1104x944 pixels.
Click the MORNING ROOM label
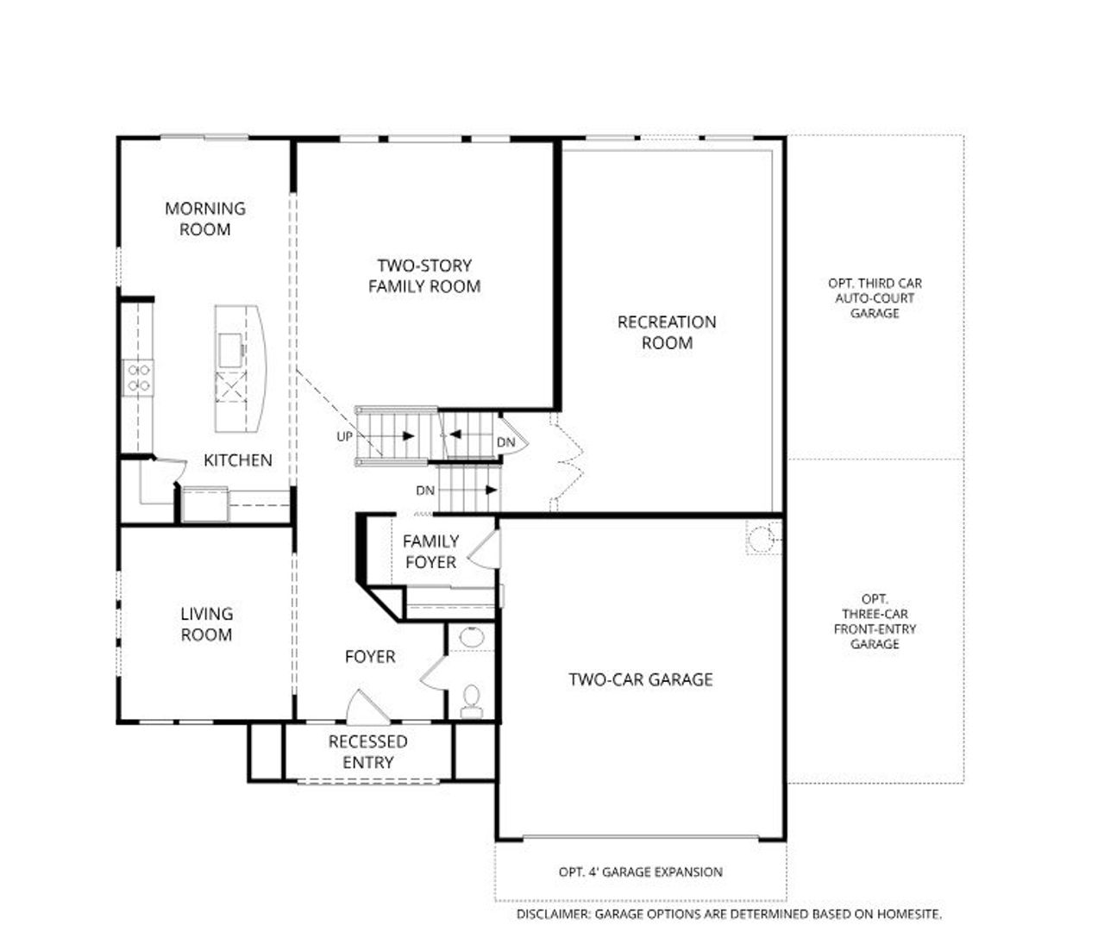(205, 219)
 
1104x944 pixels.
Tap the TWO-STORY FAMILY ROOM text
(424, 276)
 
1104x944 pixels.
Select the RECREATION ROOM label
(667, 332)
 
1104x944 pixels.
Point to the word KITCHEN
(238, 460)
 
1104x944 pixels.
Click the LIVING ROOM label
(206, 624)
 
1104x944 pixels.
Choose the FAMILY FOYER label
(430, 552)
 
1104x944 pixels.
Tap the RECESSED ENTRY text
(368, 752)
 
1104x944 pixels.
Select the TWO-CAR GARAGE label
(641, 679)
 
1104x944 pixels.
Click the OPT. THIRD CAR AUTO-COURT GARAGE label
(875, 298)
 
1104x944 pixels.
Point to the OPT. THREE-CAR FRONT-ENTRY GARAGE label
(875, 622)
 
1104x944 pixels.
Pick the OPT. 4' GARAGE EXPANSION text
(641, 872)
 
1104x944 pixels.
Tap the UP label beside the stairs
(345, 437)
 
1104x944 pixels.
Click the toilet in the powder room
(472, 700)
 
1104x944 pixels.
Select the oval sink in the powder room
(472, 639)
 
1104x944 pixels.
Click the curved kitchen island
(240, 368)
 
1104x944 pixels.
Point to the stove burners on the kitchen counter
(138, 377)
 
